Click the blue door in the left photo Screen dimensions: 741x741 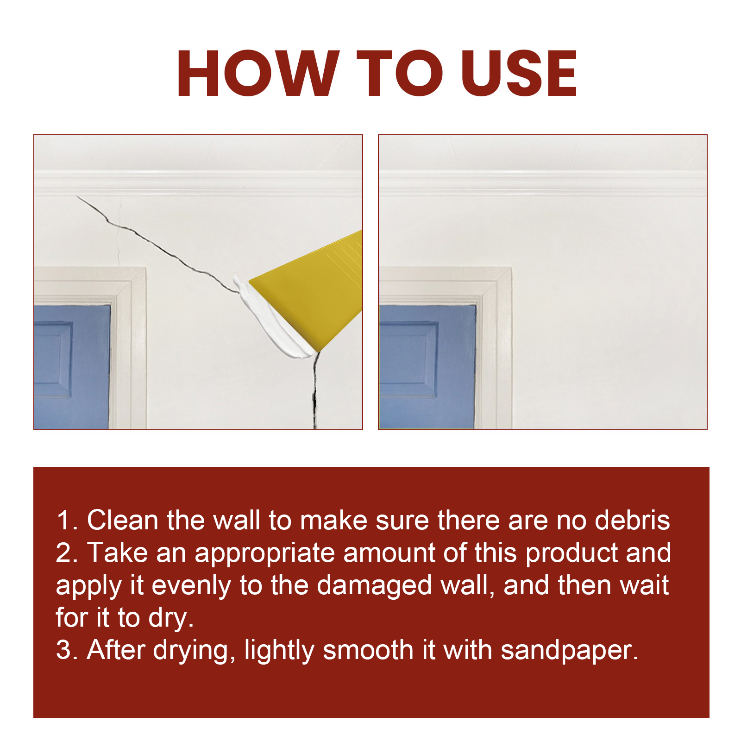click(x=72, y=366)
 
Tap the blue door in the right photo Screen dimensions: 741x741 click(x=427, y=366)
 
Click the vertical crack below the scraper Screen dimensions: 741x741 click(x=315, y=391)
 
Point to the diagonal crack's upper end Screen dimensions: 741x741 click(x=77, y=196)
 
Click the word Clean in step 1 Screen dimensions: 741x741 click(x=122, y=520)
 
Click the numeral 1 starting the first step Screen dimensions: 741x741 click(x=63, y=521)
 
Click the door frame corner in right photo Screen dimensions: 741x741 click(x=511, y=268)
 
